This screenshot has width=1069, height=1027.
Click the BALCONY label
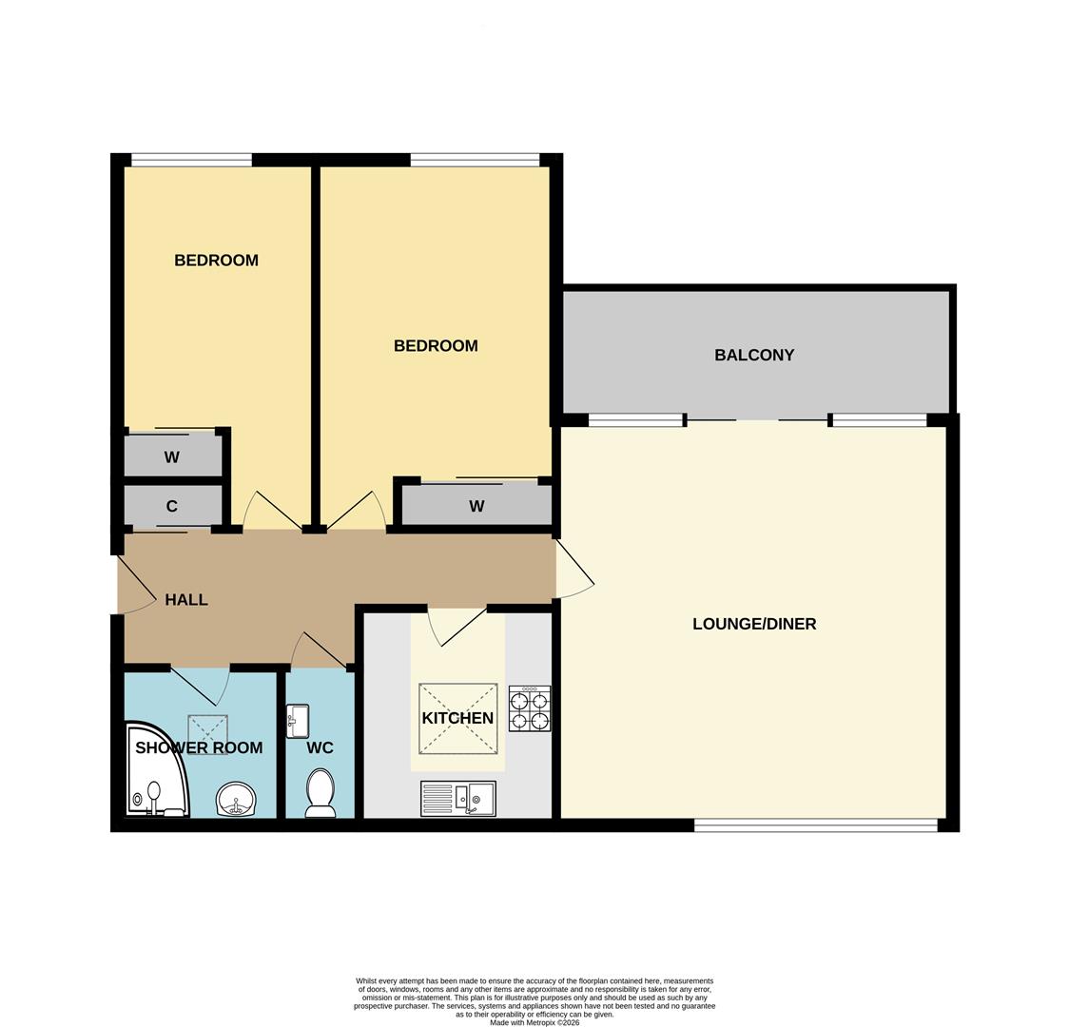tap(754, 355)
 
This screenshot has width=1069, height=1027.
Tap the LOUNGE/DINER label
tap(754, 624)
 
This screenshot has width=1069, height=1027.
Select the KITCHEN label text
tap(457, 718)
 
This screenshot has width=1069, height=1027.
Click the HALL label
tap(186, 600)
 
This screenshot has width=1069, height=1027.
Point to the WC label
tap(321, 748)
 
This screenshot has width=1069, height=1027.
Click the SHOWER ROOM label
tap(199, 747)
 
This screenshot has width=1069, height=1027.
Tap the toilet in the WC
tap(321, 794)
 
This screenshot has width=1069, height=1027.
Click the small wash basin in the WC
tap(298, 721)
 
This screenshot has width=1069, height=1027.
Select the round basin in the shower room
tap(235, 800)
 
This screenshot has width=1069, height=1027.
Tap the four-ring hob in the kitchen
tap(530, 709)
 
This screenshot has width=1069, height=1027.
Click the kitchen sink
tap(457, 799)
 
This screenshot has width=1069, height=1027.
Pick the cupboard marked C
tap(172, 506)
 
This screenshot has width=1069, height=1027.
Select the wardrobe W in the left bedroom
tap(172, 457)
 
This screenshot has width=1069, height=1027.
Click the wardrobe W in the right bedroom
tap(476, 506)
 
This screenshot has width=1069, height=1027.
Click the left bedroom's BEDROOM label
tap(216, 261)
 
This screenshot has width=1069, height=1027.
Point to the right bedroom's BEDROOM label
tap(436, 346)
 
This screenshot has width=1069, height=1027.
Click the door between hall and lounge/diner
tap(573, 571)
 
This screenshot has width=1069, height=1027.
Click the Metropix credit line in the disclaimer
tap(534, 1022)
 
